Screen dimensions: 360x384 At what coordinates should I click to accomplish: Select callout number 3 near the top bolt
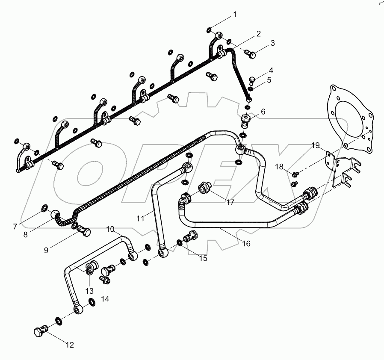272,43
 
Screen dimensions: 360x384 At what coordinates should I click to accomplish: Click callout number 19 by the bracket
316,145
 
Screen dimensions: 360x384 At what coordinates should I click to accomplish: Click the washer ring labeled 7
44,208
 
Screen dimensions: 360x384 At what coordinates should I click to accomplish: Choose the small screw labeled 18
294,174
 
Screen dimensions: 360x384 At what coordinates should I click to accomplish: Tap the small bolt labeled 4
251,80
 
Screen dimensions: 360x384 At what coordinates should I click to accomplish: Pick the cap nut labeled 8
57,213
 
